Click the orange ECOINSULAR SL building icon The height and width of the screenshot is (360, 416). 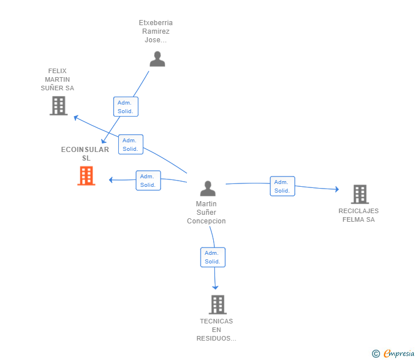(x=86, y=175)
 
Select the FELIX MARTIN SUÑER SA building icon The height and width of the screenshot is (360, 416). (x=59, y=106)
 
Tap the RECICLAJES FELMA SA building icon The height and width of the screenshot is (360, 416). (x=360, y=194)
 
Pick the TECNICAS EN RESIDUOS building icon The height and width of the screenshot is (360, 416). (x=218, y=305)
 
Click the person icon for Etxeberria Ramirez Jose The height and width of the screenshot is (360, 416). (x=157, y=59)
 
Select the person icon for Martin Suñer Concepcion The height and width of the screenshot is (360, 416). (x=208, y=189)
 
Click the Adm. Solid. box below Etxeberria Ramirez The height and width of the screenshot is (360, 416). (x=126, y=107)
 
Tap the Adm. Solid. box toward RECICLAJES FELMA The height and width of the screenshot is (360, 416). (x=282, y=186)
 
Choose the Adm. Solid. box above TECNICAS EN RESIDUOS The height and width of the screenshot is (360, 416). (x=213, y=257)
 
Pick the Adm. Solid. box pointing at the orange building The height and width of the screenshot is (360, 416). (x=149, y=181)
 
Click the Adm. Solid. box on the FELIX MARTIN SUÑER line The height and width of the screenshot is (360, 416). (x=131, y=145)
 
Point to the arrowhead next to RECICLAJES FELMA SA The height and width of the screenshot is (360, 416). (x=337, y=189)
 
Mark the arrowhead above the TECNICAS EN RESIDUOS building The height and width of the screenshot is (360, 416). (x=215, y=287)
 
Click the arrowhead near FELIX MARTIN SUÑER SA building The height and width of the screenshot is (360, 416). (x=76, y=118)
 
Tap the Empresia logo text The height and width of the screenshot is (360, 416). (x=399, y=353)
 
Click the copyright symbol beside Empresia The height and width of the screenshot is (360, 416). (x=376, y=354)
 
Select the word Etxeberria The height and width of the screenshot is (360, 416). (x=156, y=23)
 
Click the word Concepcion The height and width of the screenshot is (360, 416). (x=206, y=221)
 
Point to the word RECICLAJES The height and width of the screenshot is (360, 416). (x=358, y=211)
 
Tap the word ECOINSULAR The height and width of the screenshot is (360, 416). (x=85, y=150)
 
